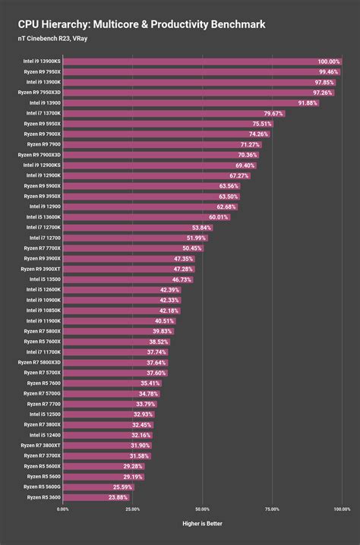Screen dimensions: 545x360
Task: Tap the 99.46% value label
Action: click(x=328, y=71)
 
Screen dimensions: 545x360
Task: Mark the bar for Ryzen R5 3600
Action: click(x=96, y=498)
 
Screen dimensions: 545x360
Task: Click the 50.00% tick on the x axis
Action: click(x=202, y=509)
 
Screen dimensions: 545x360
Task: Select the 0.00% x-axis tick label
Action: click(x=62, y=509)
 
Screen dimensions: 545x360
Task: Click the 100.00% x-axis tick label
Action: click(x=341, y=509)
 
